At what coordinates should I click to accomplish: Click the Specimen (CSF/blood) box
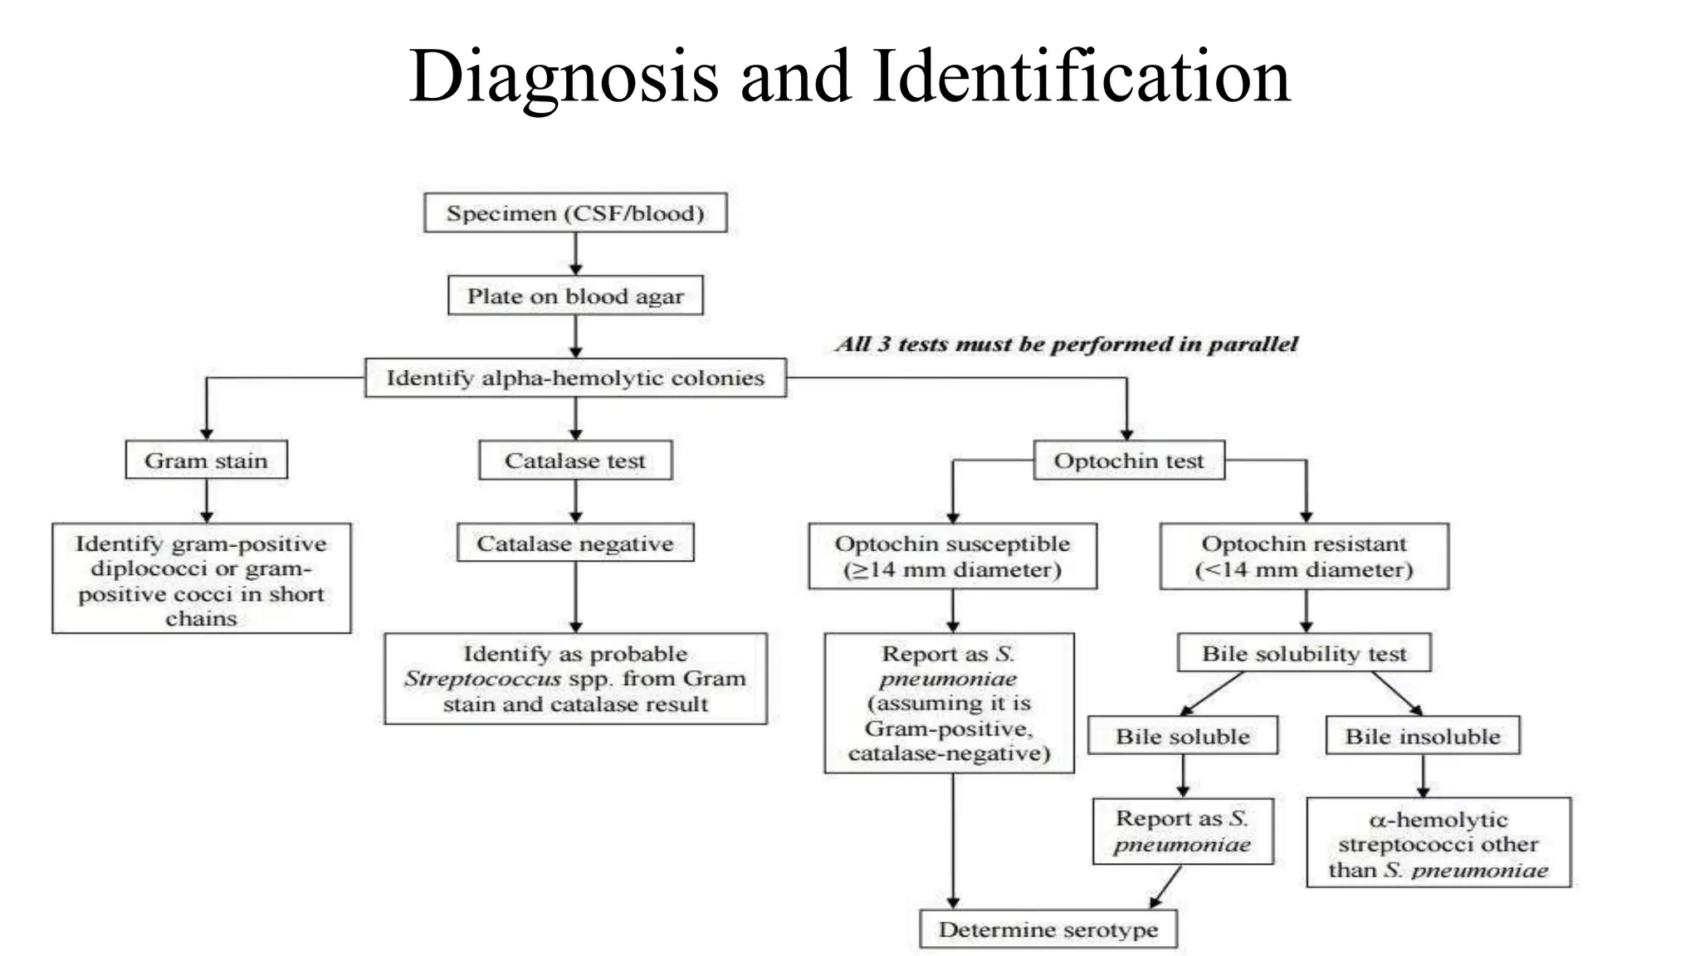pos(575,213)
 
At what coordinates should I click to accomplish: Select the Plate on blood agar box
pos(575,296)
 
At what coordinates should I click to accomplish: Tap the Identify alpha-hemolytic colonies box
pos(575,378)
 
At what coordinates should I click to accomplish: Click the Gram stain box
pos(206,461)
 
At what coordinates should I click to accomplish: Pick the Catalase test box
pos(575,461)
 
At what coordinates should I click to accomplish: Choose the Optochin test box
pos(1129,461)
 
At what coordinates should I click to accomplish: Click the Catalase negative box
pos(575,544)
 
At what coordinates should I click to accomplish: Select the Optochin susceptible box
pos(952,557)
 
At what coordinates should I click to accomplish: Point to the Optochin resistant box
pos(1304,557)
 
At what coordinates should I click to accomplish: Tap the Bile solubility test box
pos(1304,654)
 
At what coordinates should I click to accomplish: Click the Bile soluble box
pos(1183,736)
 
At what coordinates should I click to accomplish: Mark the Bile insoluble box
pos(1423,736)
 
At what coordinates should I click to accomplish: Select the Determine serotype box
pos(1048,929)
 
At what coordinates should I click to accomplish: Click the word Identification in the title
pos(1082,76)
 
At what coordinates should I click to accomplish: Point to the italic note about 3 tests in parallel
pos(1067,344)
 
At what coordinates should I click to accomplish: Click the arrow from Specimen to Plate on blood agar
pos(576,253)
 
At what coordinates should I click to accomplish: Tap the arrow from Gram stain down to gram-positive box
pos(207,500)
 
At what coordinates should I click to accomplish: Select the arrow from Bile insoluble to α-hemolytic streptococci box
pos(1423,776)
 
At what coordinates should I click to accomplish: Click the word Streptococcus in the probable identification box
pos(482,679)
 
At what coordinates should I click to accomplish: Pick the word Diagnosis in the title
pos(564,76)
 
